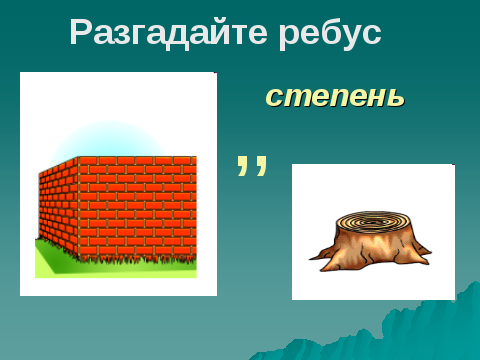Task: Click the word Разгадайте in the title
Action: tap(168, 32)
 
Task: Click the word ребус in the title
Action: tap(330, 32)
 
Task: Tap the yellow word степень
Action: tap(335, 96)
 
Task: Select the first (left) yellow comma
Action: tap(244, 165)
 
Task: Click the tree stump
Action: tap(370, 241)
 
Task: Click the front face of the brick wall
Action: tap(137, 208)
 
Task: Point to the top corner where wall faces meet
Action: tap(79, 157)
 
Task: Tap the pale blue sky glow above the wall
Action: tap(108, 138)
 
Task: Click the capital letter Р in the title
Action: tap(81, 32)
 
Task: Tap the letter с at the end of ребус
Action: tap(371, 35)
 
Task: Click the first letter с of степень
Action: tap(274, 97)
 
